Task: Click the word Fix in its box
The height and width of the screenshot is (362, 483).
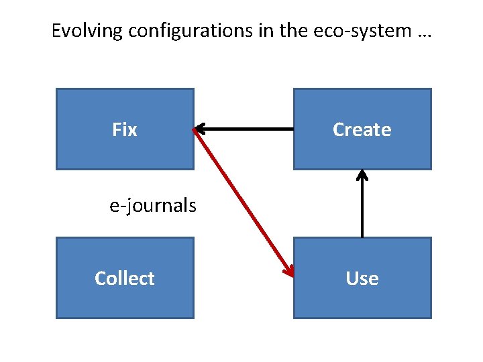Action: [125, 129]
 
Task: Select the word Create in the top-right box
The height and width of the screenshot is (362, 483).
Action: [362, 129]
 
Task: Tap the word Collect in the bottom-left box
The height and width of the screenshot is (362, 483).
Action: [125, 278]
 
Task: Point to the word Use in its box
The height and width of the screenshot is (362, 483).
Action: [362, 278]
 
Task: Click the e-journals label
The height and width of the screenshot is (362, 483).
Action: [153, 205]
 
